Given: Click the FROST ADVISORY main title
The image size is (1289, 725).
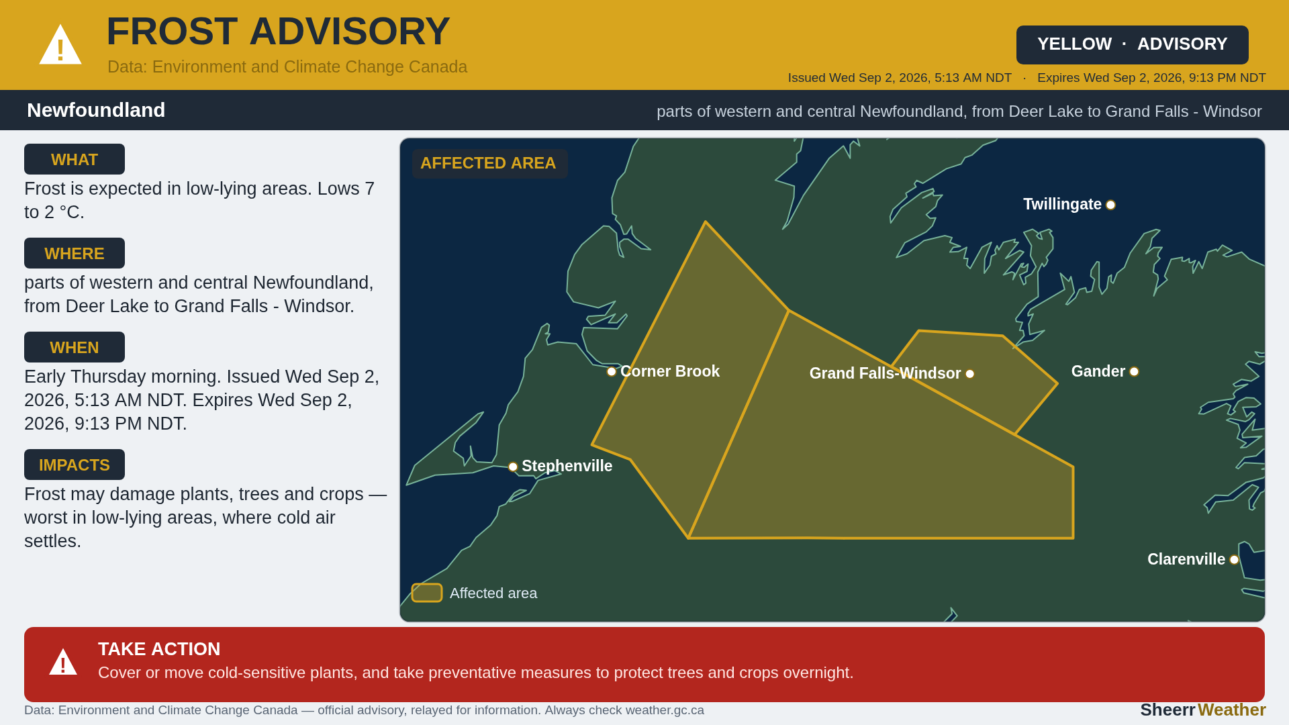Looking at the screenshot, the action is [278, 32].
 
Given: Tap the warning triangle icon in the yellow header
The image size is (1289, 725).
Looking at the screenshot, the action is [60, 45].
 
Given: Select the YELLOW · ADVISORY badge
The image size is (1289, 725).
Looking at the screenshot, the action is [1132, 44].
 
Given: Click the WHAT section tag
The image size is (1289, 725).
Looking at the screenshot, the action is [75, 159].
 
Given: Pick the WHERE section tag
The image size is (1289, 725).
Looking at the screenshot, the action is [75, 253].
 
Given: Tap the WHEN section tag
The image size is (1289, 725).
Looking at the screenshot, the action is [75, 347].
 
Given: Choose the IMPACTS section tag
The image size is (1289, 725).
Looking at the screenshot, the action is [75, 465].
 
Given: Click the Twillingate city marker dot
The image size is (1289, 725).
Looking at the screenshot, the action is [1110, 205].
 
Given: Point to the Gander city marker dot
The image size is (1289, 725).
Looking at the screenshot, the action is [1134, 372].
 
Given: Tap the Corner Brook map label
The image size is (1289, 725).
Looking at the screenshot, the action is [670, 371].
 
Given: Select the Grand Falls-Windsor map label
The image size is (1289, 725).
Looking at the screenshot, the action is [885, 373].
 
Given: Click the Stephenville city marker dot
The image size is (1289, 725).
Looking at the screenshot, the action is [513, 467].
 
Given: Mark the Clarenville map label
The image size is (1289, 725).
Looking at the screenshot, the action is [1186, 559].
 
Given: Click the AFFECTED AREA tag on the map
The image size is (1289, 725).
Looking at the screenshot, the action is [489, 163].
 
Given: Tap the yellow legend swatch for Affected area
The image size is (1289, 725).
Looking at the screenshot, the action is [427, 593].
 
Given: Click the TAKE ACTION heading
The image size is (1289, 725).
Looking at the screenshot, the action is [159, 649].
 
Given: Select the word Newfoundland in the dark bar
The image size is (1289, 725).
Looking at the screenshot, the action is [96, 110].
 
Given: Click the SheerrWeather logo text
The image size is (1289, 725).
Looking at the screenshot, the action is [1203, 710].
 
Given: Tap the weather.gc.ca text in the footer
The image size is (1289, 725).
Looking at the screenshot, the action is [665, 710].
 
